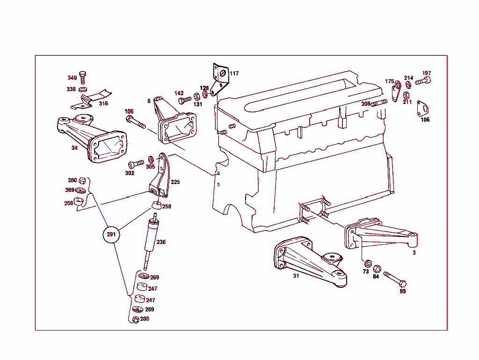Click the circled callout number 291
tap(111, 235)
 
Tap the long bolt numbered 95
tap(395, 279)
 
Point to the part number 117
tap(234, 73)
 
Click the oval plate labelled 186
tap(424, 109)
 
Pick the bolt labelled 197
tap(422, 81)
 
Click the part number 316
tap(103, 103)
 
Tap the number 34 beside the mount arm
tap(74, 148)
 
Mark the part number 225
tap(175, 182)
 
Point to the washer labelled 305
tap(151, 159)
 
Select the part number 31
tap(296, 276)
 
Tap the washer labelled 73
tap(368, 263)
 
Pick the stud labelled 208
tap(380, 103)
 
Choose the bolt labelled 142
tap(185, 100)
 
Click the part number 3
tap(414, 252)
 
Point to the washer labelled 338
tap(83, 89)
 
